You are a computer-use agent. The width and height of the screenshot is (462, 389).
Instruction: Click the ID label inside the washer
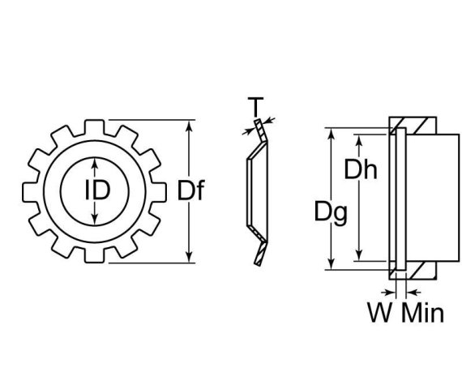click(x=96, y=191)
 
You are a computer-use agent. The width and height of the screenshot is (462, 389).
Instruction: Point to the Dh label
click(x=361, y=171)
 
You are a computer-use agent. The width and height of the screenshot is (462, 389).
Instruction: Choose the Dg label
click(x=332, y=213)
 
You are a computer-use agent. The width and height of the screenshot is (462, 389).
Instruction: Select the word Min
click(x=422, y=312)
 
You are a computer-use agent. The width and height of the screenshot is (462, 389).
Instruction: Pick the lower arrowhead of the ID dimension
click(x=96, y=220)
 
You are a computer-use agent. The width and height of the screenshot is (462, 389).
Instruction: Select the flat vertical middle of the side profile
click(x=247, y=192)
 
